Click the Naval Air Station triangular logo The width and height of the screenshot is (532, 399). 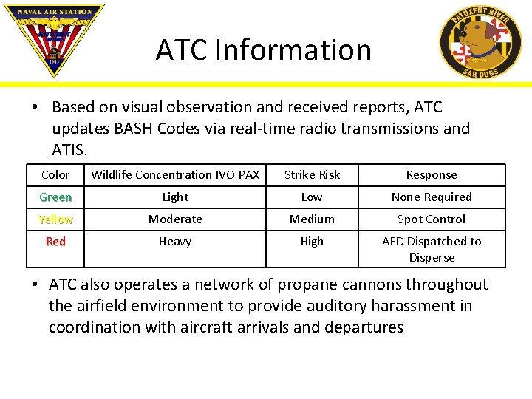click(x=54, y=37)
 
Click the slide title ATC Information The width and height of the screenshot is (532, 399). click(x=263, y=50)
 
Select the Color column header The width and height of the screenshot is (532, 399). click(x=55, y=175)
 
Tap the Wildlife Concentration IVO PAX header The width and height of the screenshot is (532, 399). click(x=175, y=175)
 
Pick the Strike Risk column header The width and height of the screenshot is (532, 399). click(x=312, y=175)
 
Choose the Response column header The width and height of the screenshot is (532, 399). click(x=432, y=175)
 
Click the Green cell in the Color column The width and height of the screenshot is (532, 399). click(x=55, y=197)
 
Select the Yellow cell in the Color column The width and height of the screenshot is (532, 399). click(x=55, y=219)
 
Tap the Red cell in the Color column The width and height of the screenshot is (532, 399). click(x=55, y=242)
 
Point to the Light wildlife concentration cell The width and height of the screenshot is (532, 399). click(x=175, y=197)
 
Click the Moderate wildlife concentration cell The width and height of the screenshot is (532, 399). click(x=175, y=219)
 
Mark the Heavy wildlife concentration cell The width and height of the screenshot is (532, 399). click(x=175, y=242)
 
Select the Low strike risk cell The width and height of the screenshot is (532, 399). click(x=312, y=197)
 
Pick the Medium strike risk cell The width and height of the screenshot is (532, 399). click(x=312, y=219)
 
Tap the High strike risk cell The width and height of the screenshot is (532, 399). click(x=312, y=242)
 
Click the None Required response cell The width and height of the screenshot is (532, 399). click(x=432, y=197)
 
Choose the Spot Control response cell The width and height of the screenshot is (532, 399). click(x=432, y=219)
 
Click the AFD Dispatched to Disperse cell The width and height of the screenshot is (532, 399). click(x=432, y=250)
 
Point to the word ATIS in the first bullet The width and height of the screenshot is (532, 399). click(x=69, y=150)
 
